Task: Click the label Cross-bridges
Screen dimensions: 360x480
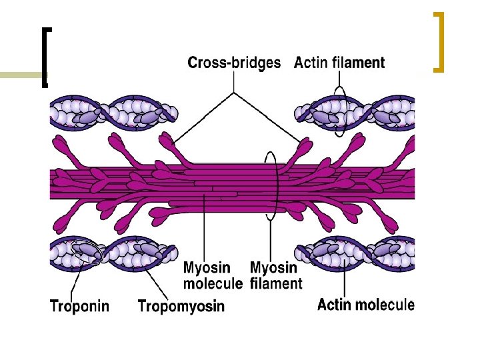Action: (x=234, y=63)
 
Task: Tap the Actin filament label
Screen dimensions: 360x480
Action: (x=339, y=63)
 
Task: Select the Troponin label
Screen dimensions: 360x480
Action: (x=80, y=307)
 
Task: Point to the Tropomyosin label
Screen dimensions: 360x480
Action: (x=181, y=307)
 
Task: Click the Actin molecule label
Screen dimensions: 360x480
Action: (x=365, y=305)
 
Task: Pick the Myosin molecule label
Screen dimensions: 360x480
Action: (x=213, y=276)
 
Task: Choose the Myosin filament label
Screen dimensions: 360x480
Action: (x=275, y=276)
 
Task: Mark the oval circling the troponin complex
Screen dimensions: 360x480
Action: (x=87, y=252)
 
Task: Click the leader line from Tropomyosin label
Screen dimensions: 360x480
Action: (x=149, y=280)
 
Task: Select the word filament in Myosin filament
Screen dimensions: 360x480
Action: (x=275, y=284)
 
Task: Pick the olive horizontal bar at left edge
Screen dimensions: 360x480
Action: (x=20, y=75)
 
